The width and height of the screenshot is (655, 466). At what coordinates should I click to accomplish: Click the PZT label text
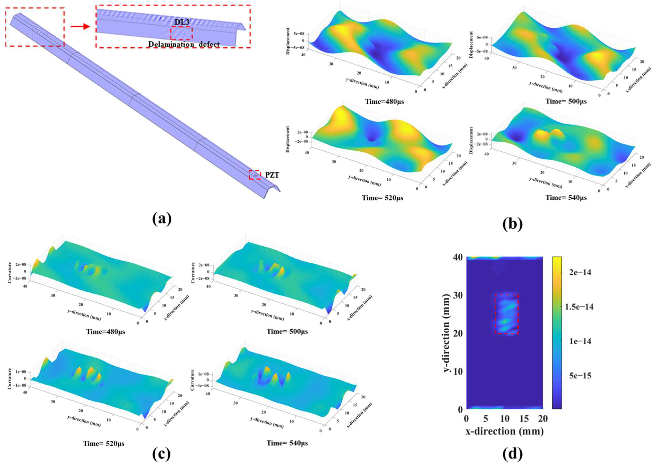click(272, 175)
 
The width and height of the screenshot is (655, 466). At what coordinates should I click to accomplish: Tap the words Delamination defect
click(184, 44)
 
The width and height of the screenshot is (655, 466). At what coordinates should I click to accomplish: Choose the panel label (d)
click(513, 453)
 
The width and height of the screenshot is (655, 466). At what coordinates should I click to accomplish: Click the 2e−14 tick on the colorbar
click(580, 272)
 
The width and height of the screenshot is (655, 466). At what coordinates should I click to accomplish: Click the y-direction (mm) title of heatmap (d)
click(447, 333)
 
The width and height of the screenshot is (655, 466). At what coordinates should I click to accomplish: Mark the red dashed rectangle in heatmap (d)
click(507, 314)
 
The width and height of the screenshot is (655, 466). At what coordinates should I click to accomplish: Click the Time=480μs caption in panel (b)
click(384, 102)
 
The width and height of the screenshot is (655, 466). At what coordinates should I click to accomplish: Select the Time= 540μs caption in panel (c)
click(287, 443)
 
